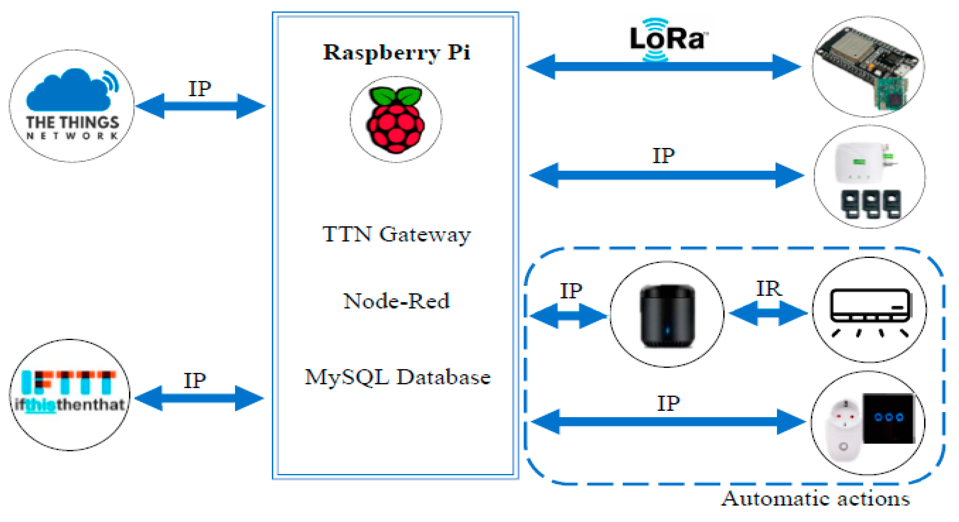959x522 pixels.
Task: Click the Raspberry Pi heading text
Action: [x=396, y=52]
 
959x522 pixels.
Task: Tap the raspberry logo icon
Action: [x=395, y=120]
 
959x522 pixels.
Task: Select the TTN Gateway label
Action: [x=396, y=234]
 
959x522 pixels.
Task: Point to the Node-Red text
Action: [x=396, y=301]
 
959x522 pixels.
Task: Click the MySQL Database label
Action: [x=398, y=377]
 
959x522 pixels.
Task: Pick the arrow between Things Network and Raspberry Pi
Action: [x=200, y=106]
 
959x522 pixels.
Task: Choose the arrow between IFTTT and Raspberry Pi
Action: [x=199, y=398]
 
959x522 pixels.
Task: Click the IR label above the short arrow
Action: [x=769, y=289]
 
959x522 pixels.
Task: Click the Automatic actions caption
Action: [x=815, y=499]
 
